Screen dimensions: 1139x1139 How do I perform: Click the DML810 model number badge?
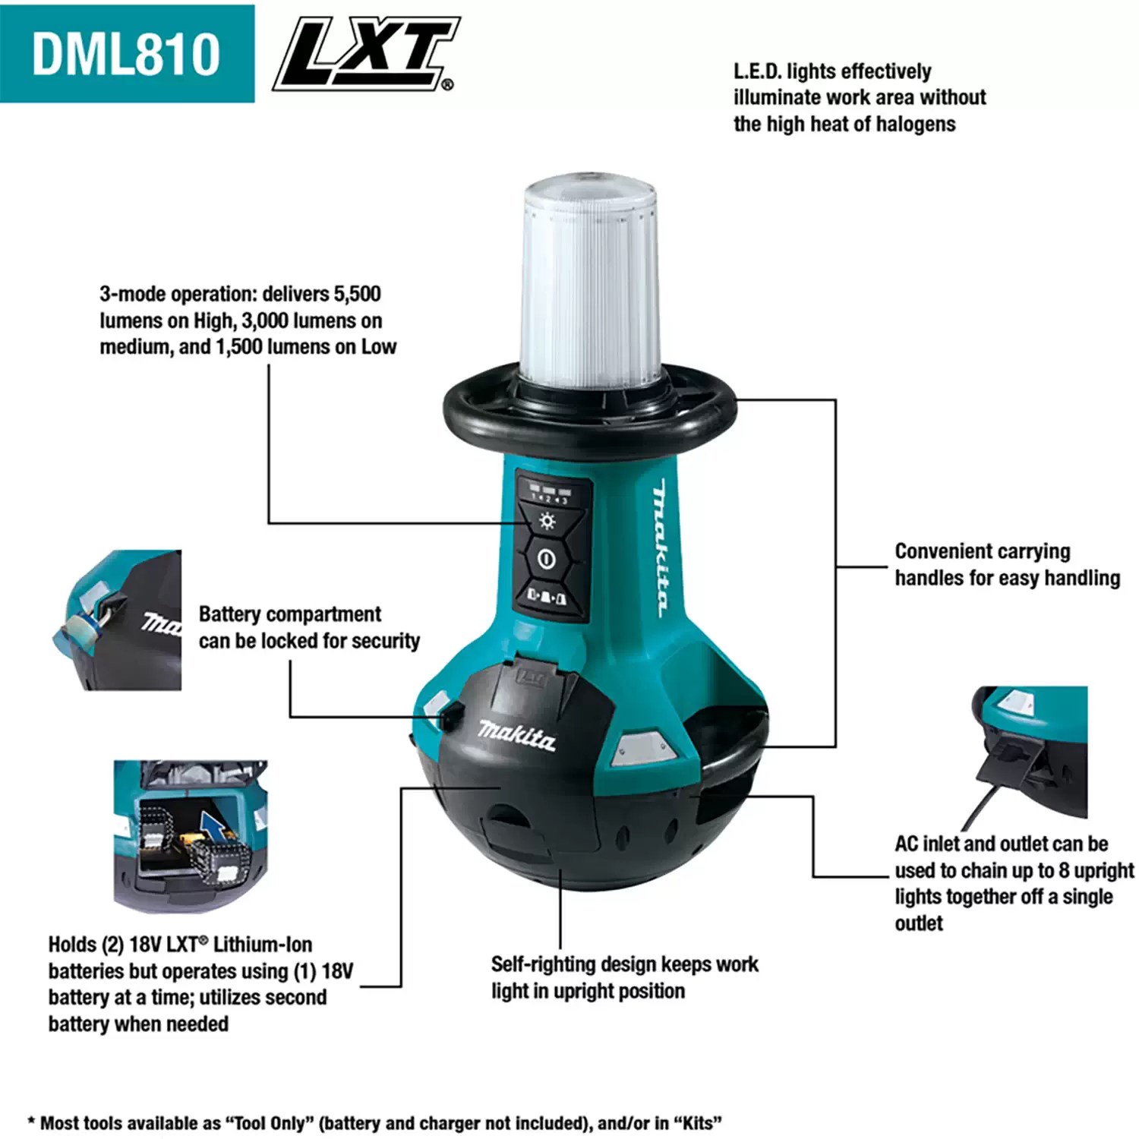pos(126,54)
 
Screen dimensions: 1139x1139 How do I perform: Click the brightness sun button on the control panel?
pos(547,522)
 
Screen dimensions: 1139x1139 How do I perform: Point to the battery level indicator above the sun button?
pos(551,494)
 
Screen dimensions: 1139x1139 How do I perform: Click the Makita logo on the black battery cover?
pos(516,735)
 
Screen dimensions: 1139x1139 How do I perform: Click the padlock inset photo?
pos(124,620)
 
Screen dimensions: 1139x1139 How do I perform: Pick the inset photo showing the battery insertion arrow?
pos(191,835)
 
